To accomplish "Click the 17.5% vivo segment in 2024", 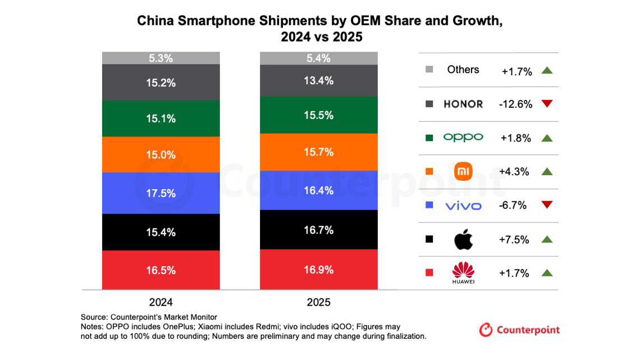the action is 161,193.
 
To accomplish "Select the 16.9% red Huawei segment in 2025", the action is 319,270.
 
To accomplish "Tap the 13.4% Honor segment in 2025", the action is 319,81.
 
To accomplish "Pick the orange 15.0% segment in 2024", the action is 161,154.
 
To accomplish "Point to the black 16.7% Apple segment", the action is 319,230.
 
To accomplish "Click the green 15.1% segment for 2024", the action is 161,119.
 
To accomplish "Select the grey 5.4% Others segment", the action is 319,58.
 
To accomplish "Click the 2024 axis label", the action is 161,303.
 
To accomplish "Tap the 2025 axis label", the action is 319,303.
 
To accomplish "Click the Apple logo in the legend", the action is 463,239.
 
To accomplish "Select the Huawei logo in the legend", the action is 463,272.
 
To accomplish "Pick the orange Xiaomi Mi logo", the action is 463,171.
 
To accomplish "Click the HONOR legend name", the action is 463,104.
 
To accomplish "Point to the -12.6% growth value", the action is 515,104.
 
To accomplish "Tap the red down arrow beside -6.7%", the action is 547,204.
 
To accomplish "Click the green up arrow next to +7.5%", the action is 547,240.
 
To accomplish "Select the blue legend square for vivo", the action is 429,205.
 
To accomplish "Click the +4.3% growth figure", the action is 514,172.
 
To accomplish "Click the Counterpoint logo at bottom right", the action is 519,330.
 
